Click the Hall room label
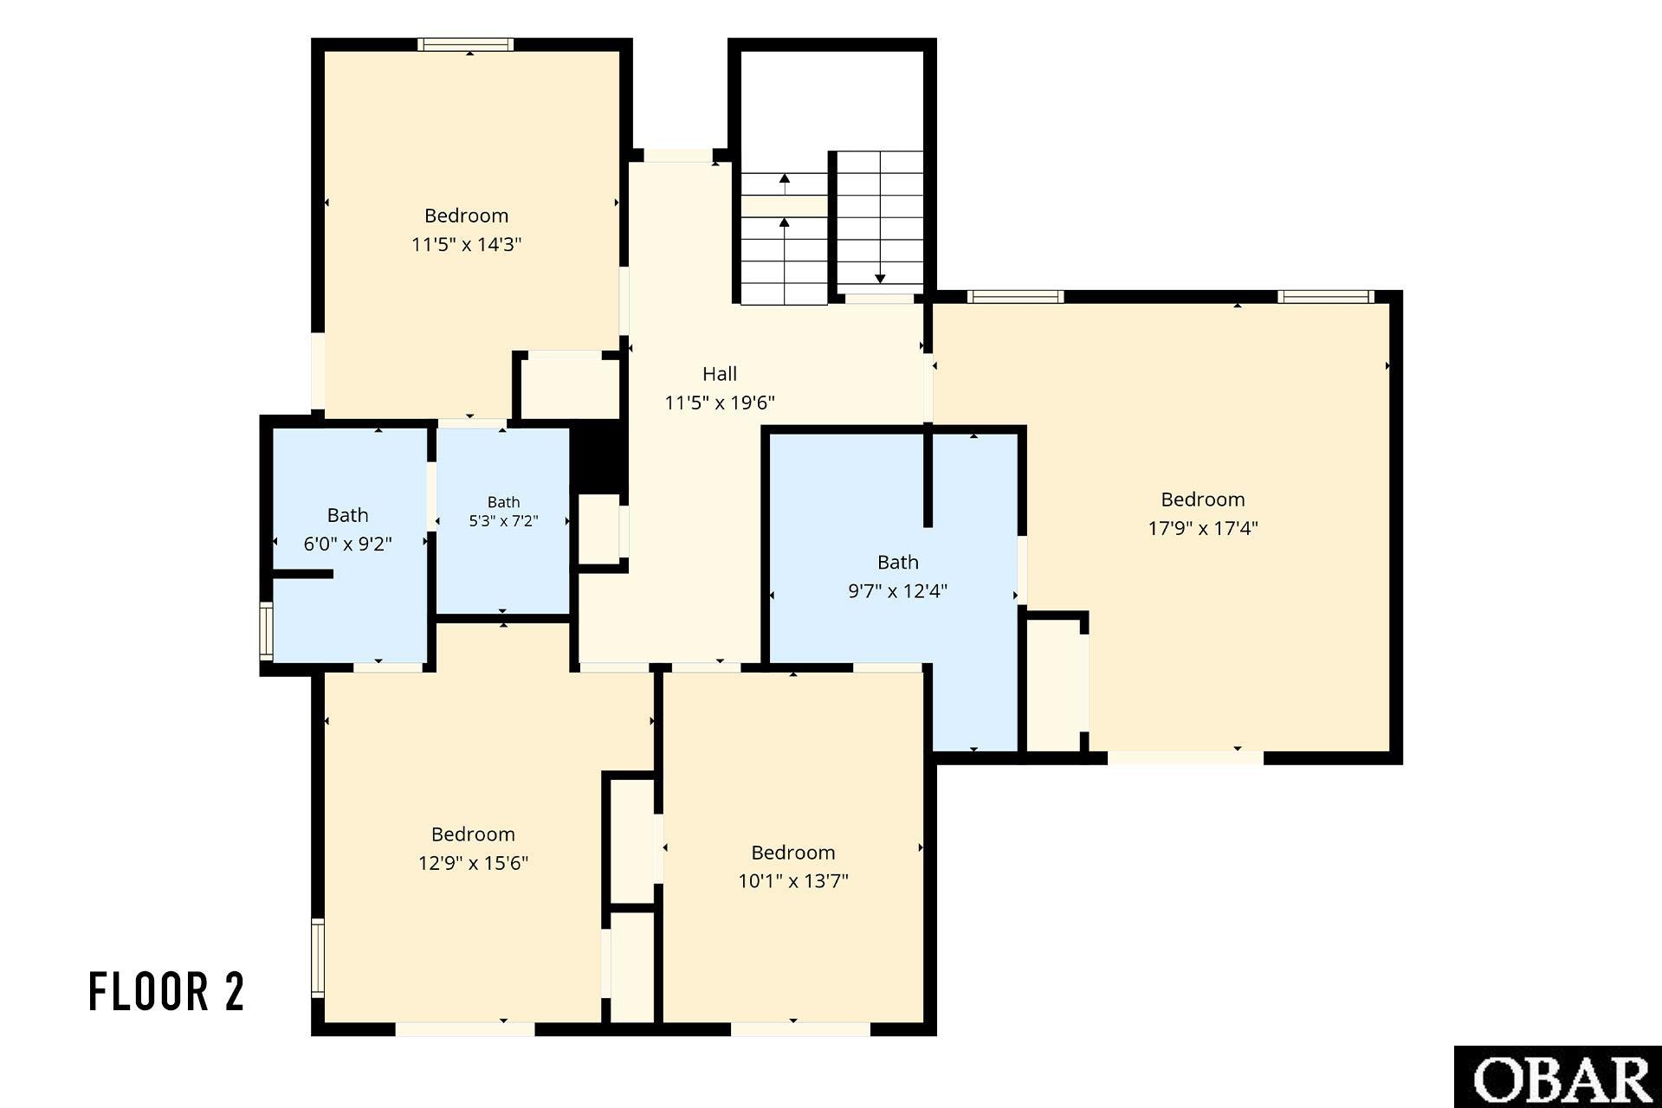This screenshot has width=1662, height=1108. tap(719, 374)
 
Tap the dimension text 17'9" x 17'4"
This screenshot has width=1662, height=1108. tap(1202, 528)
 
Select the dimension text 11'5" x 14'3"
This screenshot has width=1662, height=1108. tap(466, 244)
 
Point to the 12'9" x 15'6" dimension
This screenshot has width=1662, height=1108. tap(473, 863)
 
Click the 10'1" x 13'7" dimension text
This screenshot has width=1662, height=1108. tap(792, 881)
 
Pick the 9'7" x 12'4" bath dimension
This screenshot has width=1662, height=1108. tap(897, 591)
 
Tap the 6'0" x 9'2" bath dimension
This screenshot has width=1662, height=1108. tap(347, 544)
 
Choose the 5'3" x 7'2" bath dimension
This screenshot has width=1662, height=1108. tap(503, 521)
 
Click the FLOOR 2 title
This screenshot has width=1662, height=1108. tap(167, 992)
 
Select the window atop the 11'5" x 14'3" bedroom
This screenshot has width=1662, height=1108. tap(465, 45)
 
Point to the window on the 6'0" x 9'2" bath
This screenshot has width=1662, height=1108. tap(267, 631)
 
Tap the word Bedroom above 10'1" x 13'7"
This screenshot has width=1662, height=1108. tap(792, 853)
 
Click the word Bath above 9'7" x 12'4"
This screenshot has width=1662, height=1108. tap(897, 563)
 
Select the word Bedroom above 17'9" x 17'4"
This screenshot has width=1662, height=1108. tap(1202, 499)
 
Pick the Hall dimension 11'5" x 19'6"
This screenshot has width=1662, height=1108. tap(719, 403)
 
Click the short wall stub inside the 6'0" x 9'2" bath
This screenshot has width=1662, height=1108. tap(302, 574)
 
